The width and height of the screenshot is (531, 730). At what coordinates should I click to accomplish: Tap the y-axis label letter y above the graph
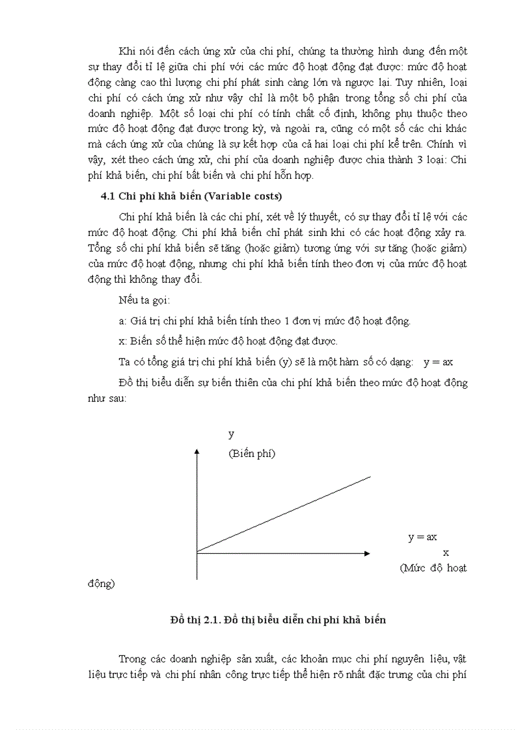pyautogui.click(x=231, y=434)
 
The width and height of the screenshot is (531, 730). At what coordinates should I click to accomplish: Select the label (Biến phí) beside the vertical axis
pyautogui.click(x=251, y=454)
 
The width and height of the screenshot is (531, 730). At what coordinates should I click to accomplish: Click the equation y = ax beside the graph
pyautogui.click(x=422, y=537)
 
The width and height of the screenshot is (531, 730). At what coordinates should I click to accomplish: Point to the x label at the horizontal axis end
pyautogui.click(x=446, y=553)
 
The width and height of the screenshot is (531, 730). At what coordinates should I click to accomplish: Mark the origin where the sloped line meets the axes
pyautogui.click(x=197, y=553)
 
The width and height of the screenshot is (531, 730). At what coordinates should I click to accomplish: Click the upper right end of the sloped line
pyautogui.click(x=370, y=476)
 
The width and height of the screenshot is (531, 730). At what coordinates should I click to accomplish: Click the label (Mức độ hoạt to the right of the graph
pyautogui.click(x=433, y=567)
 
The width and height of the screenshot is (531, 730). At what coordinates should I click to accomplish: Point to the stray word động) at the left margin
pyautogui.click(x=101, y=583)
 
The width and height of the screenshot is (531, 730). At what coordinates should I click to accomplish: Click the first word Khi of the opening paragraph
pyautogui.click(x=128, y=51)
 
